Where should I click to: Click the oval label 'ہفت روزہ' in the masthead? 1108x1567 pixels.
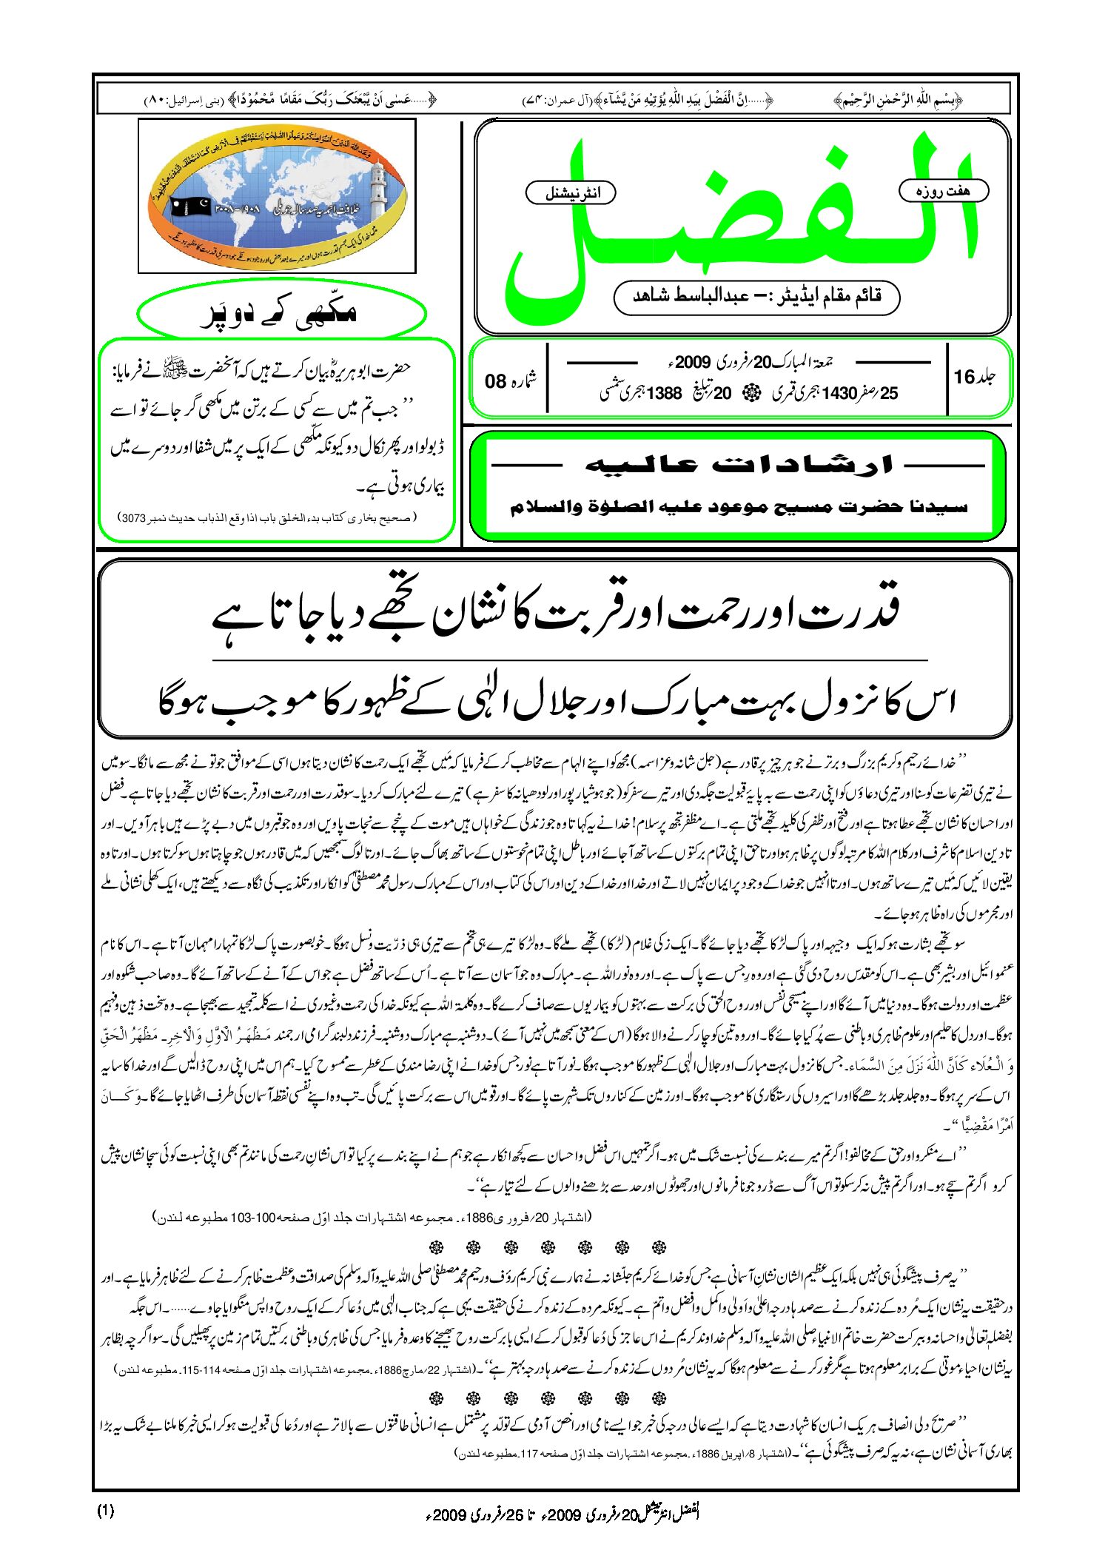pyautogui.click(x=943, y=191)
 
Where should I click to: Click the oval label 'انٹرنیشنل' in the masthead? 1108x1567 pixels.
pyautogui.click(x=571, y=193)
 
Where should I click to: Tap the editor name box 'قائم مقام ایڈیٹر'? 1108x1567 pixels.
pyautogui.click(x=756, y=297)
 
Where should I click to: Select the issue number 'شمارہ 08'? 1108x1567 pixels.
pyautogui.click(x=509, y=380)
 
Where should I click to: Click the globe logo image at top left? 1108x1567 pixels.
pyautogui.click(x=277, y=195)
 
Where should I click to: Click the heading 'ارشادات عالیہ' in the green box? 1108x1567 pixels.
pyautogui.click(x=739, y=465)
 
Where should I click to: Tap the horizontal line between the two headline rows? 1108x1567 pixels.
pyautogui.click(x=570, y=659)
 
